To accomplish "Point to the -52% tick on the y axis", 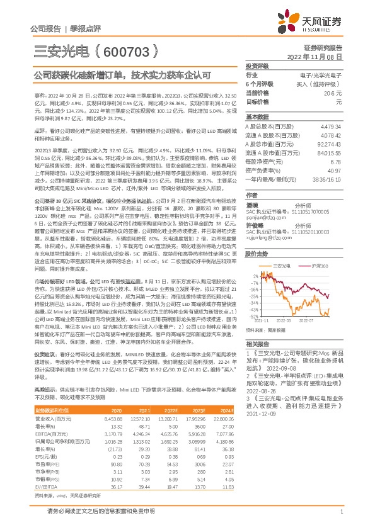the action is pyautogui.click(x=253, y=334).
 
